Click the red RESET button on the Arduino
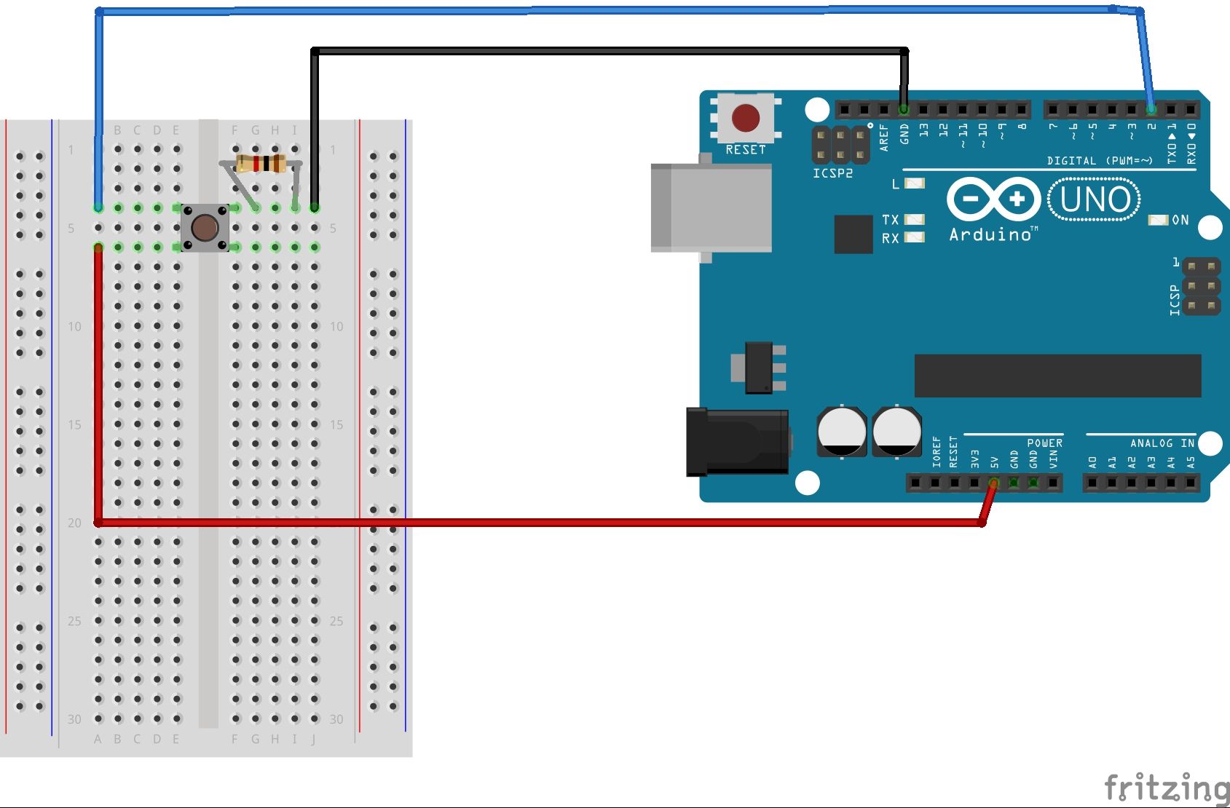(x=745, y=117)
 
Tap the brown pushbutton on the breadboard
(x=205, y=228)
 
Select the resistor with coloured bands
(x=261, y=164)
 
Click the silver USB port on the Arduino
(x=711, y=208)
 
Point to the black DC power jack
(x=737, y=441)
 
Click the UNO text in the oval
(x=1095, y=199)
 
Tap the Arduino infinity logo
(x=993, y=199)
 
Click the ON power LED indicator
(x=1158, y=220)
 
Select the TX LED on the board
(x=914, y=219)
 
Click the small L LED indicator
(x=914, y=183)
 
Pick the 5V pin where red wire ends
(x=994, y=483)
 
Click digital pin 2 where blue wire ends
(x=1151, y=110)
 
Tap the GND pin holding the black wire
(x=904, y=110)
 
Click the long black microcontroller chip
(x=1057, y=376)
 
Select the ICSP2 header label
(x=832, y=173)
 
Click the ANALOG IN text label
(x=1162, y=443)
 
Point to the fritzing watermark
(x=1165, y=788)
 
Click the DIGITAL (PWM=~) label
(x=1100, y=161)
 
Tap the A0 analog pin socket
(x=1092, y=483)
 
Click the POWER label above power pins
(x=1044, y=443)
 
